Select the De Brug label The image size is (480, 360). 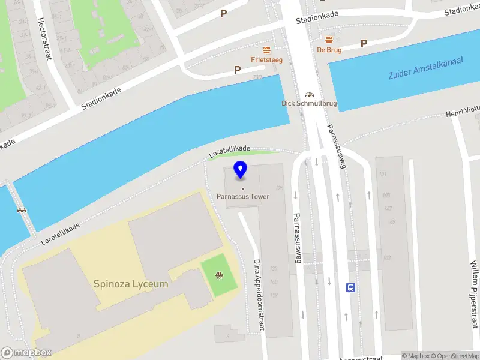pyautogui.click(x=329, y=50)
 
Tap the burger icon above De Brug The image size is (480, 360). pyautogui.click(x=329, y=40)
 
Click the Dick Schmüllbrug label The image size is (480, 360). pyautogui.click(x=309, y=103)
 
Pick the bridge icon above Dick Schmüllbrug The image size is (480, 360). pyautogui.click(x=310, y=94)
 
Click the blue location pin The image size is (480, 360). pyautogui.click(x=241, y=170)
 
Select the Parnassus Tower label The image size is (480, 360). pyautogui.click(x=243, y=196)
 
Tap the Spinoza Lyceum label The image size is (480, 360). pyautogui.click(x=131, y=284)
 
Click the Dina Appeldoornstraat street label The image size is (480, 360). pyautogui.click(x=259, y=295)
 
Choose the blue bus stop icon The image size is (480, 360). pyautogui.click(x=350, y=287)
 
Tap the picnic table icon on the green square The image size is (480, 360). pyautogui.click(x=220, y=276)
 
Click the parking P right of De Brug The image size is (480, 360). pyautogui.click(x=364, y=43)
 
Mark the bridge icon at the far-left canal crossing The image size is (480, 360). pyautogui.click(x=22, y=210)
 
